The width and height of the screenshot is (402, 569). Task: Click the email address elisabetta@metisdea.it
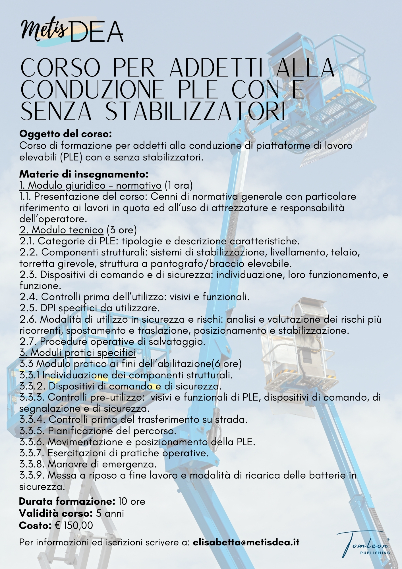246,542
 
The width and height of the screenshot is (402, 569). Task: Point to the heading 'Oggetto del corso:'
65,134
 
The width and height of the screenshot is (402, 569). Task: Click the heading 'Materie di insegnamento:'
84,174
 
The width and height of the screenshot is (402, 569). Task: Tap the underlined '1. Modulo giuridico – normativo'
90,185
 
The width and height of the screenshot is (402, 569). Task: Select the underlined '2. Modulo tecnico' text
61,230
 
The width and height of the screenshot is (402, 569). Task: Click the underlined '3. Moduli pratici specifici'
77,352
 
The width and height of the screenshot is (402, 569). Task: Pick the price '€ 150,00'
73,525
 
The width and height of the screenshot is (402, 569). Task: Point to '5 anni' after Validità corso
110,514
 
